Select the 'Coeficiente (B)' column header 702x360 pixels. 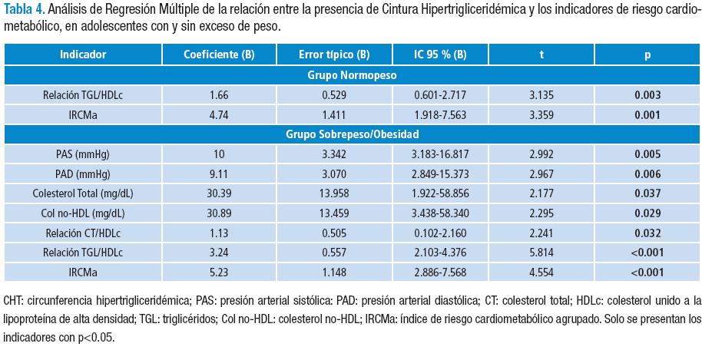(219, 54)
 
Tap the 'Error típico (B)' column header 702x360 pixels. (334, 54)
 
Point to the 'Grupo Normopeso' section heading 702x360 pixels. (352, 75)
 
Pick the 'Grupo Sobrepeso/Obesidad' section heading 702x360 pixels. (352, 134)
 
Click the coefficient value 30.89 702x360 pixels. (219, 211)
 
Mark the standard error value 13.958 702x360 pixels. (334, 192)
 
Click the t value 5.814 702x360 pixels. (541, 250)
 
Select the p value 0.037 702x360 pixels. (645, 192)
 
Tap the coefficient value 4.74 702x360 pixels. (219, 114)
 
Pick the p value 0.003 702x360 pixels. (645, 95)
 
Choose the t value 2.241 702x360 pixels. (541, 231)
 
